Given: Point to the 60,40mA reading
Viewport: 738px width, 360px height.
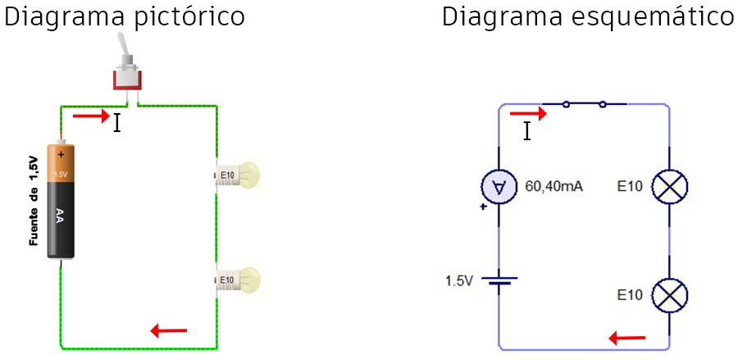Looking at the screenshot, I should pos(553,187).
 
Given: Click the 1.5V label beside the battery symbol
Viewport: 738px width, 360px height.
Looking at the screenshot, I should pos(459,280).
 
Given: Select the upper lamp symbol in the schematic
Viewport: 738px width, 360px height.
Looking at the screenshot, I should pos(669,188).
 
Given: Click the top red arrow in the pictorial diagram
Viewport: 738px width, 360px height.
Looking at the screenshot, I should pos(90,116).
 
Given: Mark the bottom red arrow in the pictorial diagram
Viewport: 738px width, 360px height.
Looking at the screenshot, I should pos(169,330).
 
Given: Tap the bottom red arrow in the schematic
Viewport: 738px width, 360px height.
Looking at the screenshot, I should pos(627,337).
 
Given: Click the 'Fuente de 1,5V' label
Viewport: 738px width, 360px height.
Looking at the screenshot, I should pos(33,200).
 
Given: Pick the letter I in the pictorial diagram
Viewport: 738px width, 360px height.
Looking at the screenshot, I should pos(117,124).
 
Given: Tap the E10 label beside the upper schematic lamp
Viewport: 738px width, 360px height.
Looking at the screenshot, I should pos(630,187).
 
